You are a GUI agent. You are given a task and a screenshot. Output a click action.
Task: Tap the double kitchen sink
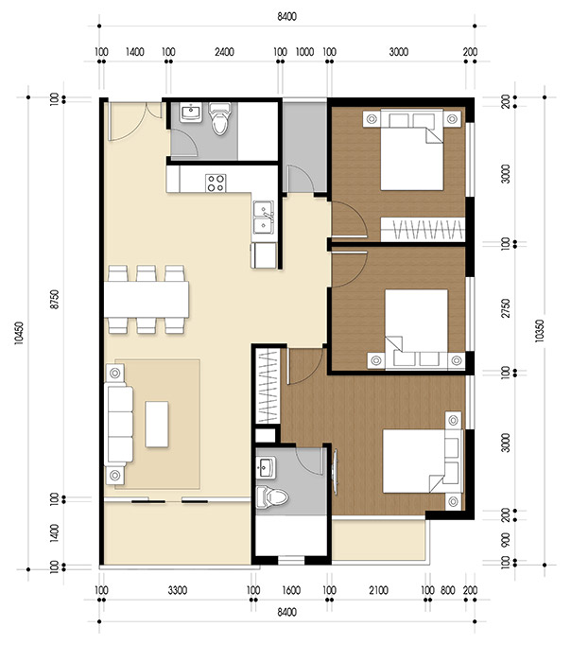263,218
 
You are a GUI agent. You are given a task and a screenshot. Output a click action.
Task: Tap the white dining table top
147,300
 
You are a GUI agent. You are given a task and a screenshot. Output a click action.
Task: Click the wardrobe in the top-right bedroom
424,229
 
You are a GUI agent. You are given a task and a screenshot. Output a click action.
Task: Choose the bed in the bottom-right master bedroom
417,461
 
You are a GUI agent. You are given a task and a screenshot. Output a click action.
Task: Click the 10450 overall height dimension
20,336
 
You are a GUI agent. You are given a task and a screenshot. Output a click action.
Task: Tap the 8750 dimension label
55,298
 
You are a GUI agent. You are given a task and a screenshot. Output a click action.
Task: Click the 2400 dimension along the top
223,53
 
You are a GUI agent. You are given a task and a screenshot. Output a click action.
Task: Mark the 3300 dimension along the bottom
176,591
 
